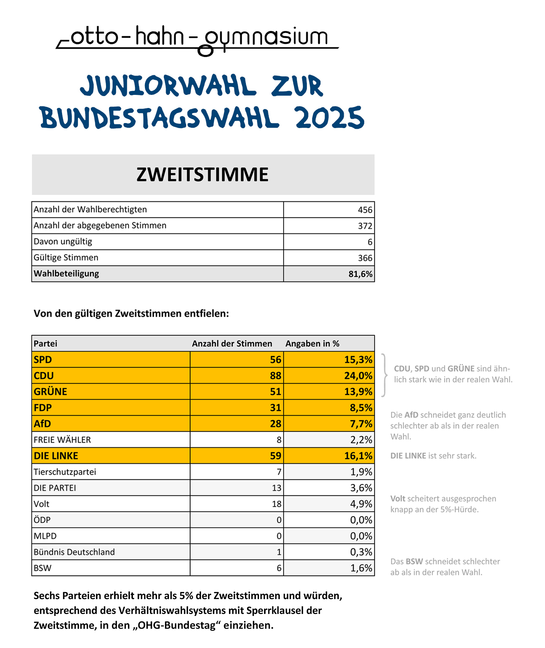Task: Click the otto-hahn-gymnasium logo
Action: point(197,40)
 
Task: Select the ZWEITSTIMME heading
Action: point(202,174)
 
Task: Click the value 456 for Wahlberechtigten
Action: point(365,210)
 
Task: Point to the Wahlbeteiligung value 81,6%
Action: point(360,274)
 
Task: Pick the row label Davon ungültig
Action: point(63,242)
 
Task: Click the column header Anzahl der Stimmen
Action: point(232,344)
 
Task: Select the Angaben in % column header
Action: point(313,344)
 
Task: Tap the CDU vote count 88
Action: point(276,376)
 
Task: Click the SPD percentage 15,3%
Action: point(358,360)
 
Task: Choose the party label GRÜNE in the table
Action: point(50,391)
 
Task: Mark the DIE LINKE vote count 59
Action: point(276,456)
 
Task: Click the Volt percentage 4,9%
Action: point(361,504)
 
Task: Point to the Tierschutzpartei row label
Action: point(65,472)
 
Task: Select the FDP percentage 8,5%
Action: point(361,408)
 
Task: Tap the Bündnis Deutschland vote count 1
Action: point(279,552)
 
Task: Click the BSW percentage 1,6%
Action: point(361,568)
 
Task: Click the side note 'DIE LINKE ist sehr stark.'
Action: point(433,456)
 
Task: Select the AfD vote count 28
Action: point(276,424)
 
